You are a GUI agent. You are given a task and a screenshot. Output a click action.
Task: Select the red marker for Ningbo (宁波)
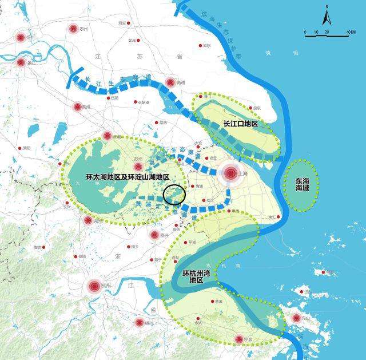coord(239,339)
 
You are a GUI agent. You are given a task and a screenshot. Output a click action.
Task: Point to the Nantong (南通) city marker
coord(170,82)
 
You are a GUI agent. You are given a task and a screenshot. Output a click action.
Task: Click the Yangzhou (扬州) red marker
coord(21,38)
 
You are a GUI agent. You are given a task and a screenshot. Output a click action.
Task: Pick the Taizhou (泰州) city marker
coord(73,29)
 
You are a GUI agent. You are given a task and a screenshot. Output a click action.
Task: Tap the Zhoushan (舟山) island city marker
coord(296,319)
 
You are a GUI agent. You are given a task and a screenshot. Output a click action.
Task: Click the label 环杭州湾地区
coord(196,277)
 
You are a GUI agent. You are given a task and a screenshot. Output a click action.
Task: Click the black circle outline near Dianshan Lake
coord(174,194)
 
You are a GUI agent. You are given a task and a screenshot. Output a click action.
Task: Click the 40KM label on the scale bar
coord(351,31)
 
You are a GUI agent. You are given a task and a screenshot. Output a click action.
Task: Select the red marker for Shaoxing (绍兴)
coord(139,323)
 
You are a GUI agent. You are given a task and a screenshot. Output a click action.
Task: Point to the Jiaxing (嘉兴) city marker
coord(154,235)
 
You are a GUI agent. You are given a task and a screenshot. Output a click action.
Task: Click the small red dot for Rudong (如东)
coord(201,45)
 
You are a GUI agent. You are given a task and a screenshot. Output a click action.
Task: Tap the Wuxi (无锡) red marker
coord(107,136)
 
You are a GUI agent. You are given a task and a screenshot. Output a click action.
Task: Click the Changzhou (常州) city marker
coord(77,106)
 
